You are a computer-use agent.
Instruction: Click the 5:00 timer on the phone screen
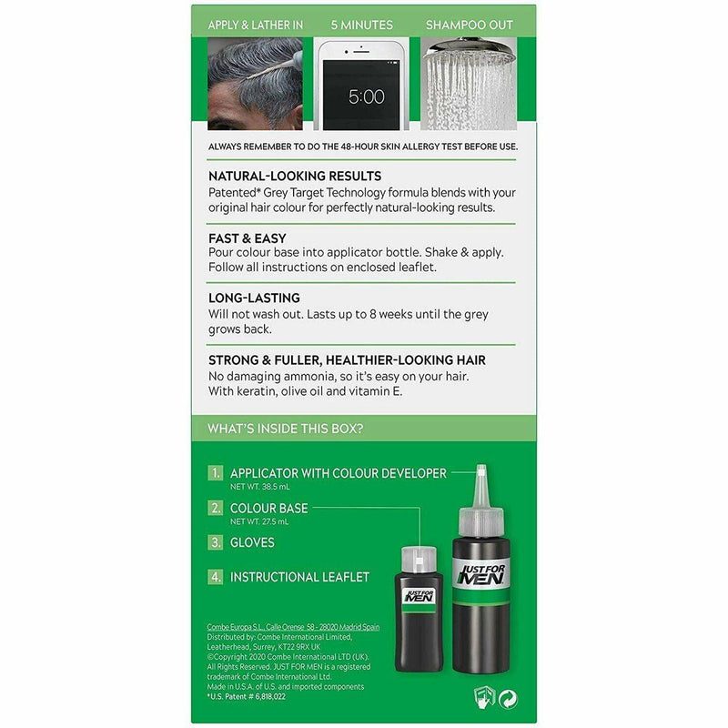(x=367, y=96)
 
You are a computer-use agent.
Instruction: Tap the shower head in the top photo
(x=470, y=50)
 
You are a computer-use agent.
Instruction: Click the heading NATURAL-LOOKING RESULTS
(x=295, y=176)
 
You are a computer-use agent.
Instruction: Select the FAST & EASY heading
(x=247, y=238)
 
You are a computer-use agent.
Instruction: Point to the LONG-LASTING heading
(x=254, y=298)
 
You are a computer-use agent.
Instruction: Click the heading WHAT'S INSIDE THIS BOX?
(x=285, y=428)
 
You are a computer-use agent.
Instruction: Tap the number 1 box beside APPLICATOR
(x=215, y=472)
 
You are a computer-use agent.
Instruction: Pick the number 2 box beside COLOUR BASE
(x=215, y=508)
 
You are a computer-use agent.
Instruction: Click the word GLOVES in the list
(x=252, y=542)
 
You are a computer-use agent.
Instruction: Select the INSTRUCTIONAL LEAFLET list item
(x=299, y=577)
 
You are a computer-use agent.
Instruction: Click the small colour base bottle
(x=420, y=609)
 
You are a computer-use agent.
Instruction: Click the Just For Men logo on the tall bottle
(x=481, y=575)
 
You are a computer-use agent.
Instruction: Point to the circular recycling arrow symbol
(x=508, y=699)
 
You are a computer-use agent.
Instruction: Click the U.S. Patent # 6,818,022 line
(x=246, y=696)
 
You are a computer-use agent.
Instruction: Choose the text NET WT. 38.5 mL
(x=260, y=487)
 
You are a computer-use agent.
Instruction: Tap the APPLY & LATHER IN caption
(x=256, y=25)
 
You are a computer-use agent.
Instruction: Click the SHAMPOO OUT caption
(x=470, y=25)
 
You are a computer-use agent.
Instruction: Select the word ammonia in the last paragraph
(x=310, y=376)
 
